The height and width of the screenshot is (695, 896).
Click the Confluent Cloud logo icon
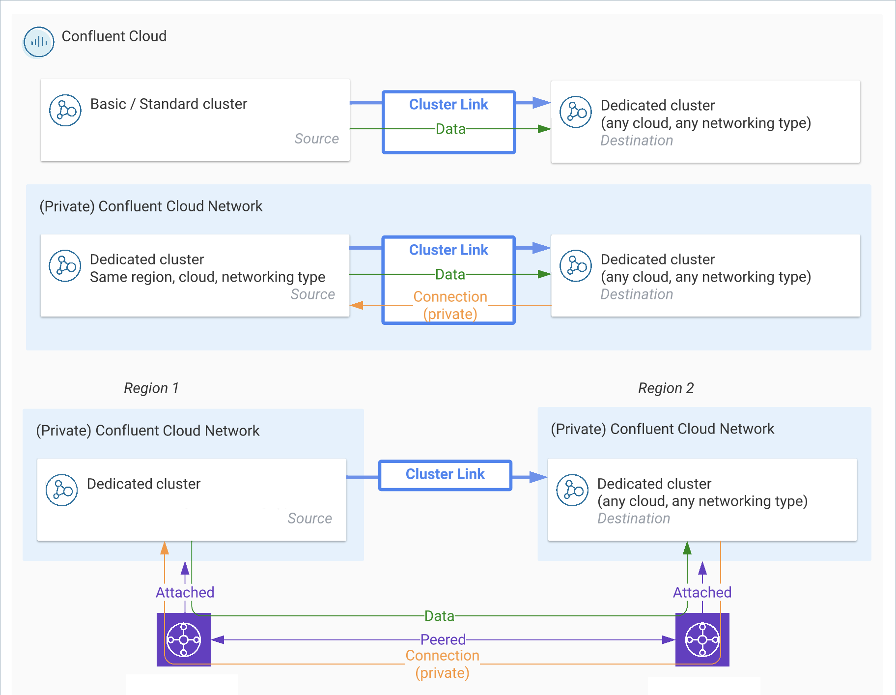(39, 42)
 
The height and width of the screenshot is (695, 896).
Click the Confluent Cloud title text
(114, 36)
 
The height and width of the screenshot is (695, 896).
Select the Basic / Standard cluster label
(168, 104)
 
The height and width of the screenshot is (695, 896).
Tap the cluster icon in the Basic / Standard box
(65, 111)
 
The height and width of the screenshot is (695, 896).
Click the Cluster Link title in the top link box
(448, 105)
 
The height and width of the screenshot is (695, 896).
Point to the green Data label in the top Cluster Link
(450, 129)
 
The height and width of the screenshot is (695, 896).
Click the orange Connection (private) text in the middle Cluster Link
(450, 305)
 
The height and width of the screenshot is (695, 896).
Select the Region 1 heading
(151, 388)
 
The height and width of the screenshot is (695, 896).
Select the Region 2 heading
(666, 388)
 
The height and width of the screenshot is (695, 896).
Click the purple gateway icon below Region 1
(184, 639)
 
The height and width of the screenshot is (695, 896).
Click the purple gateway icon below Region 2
(702, 639)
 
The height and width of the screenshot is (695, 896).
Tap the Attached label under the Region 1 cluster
(185, 592)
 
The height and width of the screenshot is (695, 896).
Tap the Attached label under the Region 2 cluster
(702, 592)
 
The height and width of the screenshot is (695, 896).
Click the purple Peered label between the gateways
(443, 639)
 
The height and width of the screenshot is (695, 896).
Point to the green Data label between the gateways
(439, 616)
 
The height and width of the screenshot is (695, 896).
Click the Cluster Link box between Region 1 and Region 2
(445, 475)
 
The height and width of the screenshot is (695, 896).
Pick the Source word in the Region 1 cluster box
(309, 519)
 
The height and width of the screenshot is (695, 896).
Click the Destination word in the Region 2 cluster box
(634, 519)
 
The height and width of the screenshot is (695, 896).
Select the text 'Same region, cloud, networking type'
(207, 277)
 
